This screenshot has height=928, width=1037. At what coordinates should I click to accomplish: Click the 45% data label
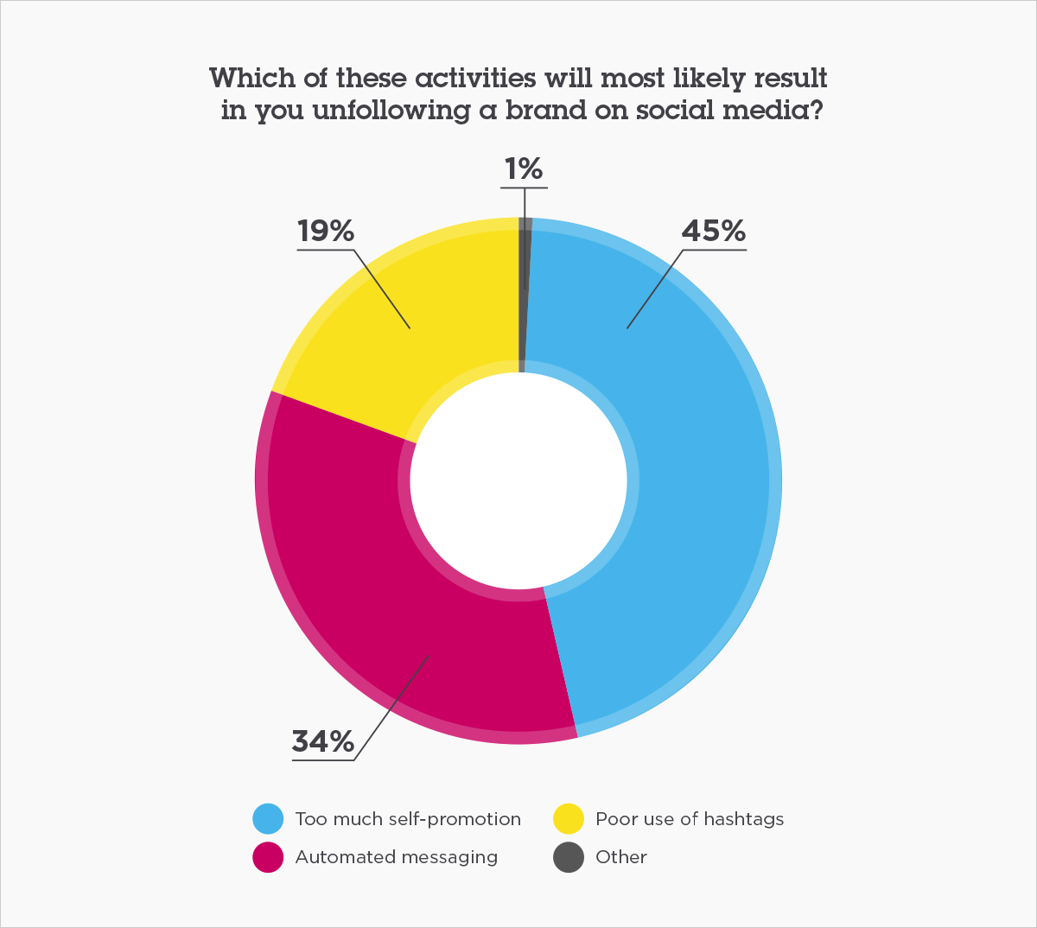click(x=713, y=232)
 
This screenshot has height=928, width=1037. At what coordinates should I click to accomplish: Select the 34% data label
click(x=323, y=741)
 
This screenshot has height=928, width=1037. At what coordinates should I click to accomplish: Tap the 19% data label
click(x=326, y=232)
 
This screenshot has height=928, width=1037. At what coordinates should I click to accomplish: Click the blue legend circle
click(x=268, y=818)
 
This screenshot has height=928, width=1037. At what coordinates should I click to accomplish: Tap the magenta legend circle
click(x=268, y=857)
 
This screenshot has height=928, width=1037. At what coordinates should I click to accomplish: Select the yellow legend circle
click(x=568, y=818)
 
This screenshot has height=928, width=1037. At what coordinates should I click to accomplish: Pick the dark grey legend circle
click(x=568, y=857)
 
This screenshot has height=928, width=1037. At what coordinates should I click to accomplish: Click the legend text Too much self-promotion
click(x=408, y=819)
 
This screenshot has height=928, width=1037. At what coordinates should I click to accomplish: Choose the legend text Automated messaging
click(x=397, y=857)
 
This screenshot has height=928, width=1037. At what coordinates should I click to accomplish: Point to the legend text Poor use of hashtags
click(x=690, y=819)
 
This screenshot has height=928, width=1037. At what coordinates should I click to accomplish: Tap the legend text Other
click(x=621, y=857)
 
